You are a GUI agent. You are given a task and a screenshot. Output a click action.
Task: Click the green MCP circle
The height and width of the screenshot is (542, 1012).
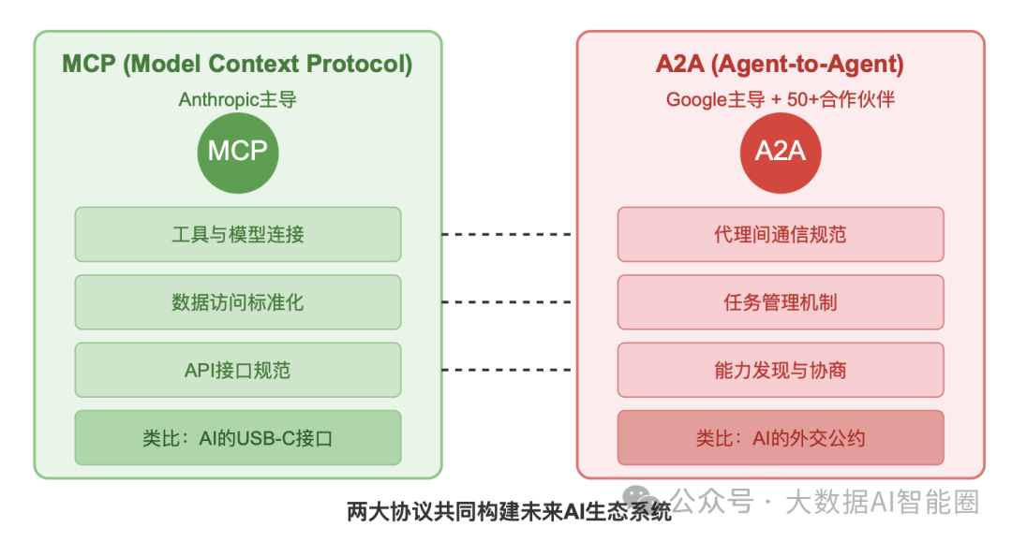pyautogui.click(x=237, y=152)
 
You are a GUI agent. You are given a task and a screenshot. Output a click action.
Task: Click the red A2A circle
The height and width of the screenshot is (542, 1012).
pyautogui.click(x=780, y=152)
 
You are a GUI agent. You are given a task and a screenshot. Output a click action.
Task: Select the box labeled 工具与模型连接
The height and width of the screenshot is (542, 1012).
pyautogui.click(x=238, y=234)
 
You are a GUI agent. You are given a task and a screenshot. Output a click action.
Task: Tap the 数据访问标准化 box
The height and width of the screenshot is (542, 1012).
pyautogui.click(x=238, y=302)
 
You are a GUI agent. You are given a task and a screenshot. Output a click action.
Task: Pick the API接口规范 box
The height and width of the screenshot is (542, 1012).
pyautogui.click(x=238, y=370)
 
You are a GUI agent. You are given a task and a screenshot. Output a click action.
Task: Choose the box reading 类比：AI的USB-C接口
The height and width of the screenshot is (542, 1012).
pyautogui.click(x=238, y=437)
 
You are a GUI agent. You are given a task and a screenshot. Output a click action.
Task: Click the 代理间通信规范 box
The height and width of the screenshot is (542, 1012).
pyautogui.click(x=780, y=234)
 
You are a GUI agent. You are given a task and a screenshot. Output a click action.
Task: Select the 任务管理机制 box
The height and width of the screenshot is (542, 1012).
pyautogui.click(x=780, y=302)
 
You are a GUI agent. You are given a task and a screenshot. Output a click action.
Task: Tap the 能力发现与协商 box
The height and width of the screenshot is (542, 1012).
pyautogui.click(x=780, y=370)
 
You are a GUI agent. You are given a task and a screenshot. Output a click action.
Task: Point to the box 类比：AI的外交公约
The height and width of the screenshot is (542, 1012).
pyautogui.click(x=780, y=437)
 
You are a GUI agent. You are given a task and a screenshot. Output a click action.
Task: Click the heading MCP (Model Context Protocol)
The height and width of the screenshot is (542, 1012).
pyautogui.click(x=237, y=65)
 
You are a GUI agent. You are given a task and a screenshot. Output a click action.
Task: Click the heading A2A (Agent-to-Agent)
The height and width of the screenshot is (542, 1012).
pyautogui.click(x=780, y=65)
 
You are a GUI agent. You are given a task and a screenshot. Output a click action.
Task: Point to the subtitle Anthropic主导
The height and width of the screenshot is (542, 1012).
pyautogui.click(x=237, y=99)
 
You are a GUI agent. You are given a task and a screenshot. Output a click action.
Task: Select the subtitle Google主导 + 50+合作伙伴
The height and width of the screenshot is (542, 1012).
pyautogui.click(x=780, y=99)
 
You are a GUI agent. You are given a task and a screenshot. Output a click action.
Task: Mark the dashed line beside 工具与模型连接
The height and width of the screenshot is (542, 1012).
pyautogui.click(x=507, y=234)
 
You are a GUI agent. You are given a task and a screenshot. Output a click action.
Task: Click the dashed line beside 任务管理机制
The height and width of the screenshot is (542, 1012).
pyautogui.click(x=507, y=302)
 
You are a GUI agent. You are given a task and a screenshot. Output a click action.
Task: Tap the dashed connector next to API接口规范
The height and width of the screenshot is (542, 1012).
pyautogui.click(x=507, y=370)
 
